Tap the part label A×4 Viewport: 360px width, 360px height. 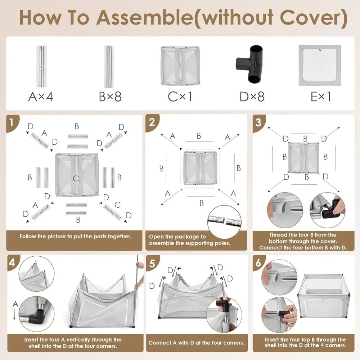pos(41,96)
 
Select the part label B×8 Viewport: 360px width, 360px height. pos(110,96)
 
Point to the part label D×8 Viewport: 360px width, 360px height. pos(252,96)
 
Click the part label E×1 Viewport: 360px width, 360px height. pos(320,96)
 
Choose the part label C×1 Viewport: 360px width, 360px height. pos(180,96)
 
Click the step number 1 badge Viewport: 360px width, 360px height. pos(12,123)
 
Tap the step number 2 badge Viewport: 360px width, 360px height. pos(152,122)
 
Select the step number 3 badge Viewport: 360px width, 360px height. pos(259,123)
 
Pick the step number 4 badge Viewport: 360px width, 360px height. pos(13,262)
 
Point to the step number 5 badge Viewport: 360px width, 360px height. pos(152,263)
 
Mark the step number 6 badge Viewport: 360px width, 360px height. pos(259,262)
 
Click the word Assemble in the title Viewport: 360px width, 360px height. pos(145,17)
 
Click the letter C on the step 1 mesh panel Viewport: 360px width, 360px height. pos(76,178)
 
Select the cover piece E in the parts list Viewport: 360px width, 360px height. pos(319,66)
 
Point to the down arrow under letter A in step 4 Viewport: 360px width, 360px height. pos(14,314)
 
